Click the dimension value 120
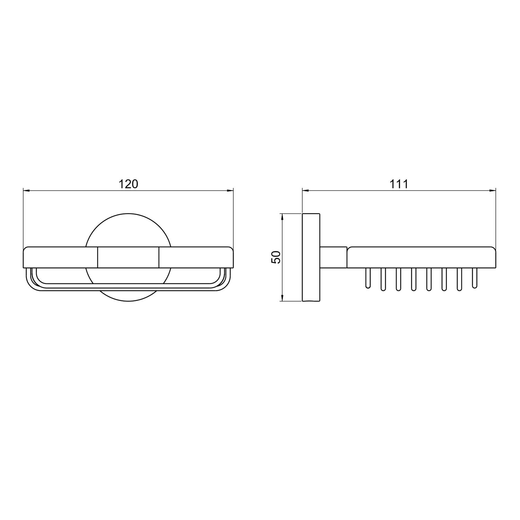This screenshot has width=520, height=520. tap(129, 184)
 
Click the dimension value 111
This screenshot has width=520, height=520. tap(399, 184)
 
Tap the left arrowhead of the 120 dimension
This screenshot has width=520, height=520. tap(27, 190)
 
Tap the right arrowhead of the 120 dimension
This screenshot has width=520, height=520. tap(229, 190)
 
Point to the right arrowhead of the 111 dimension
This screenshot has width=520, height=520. tap(492, 190)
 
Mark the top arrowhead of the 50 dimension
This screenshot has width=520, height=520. tap(283, 217)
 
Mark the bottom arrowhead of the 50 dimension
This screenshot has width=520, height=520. tap(283, 297)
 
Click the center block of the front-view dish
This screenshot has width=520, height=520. tap(128, 257)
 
